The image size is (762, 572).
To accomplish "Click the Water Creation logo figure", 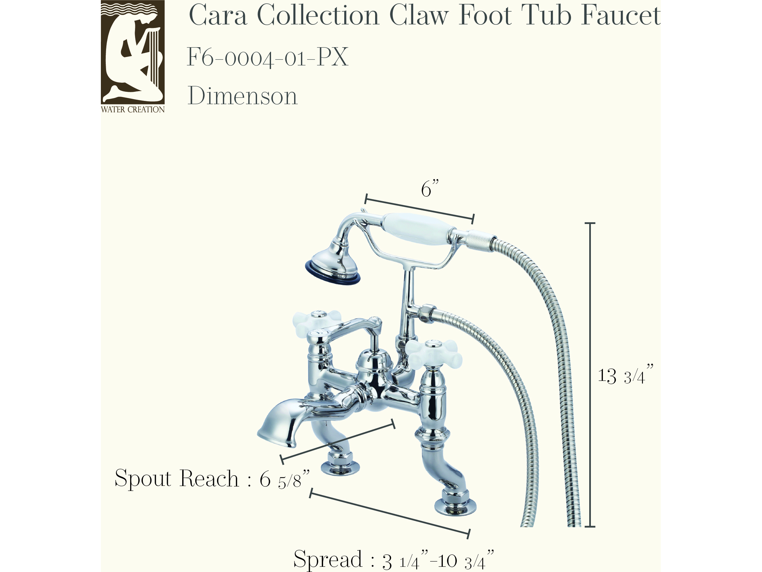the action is coord(133,52).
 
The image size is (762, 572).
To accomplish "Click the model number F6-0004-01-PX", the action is coord(268,57).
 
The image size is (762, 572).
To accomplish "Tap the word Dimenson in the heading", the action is coord(242,96).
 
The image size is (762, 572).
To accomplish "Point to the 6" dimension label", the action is coord(430,188).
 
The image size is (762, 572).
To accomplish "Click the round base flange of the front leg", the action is coord(456,507).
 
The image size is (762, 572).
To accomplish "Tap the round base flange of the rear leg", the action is coord(340,468).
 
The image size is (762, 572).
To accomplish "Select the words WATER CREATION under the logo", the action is coord(133,110).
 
